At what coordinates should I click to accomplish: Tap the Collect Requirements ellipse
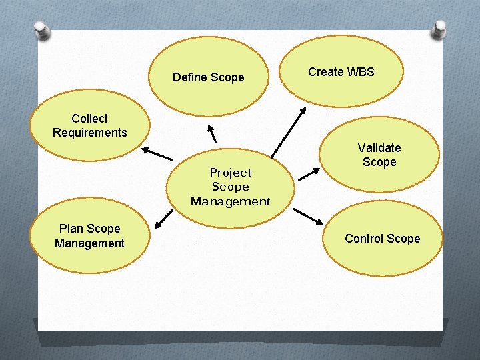click(90, 125)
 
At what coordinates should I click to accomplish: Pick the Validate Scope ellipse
click(379, 155)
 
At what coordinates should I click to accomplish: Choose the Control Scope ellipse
click(383, 239)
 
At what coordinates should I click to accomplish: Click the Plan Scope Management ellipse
click(90, 236)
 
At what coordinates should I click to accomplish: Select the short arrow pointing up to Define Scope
click(212, 131)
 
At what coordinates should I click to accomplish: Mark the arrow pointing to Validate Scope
click(309, 174)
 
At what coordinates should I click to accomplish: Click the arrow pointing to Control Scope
click(307, 216)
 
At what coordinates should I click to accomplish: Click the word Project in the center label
click(231, 173)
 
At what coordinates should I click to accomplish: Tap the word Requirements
click(90, 133)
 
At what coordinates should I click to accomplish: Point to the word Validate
click(379, 147)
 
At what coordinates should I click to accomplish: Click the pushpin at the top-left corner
click(42, 29)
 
